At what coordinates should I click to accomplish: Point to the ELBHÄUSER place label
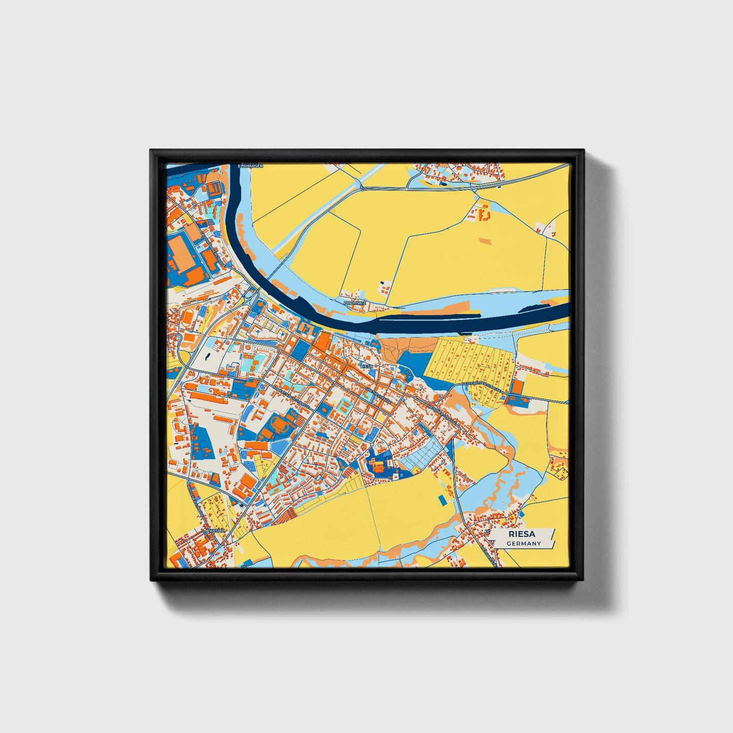(x=251, y=166)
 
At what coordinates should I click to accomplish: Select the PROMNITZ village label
(x=355, y=303)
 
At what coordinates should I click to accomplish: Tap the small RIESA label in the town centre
(x=366, y=366)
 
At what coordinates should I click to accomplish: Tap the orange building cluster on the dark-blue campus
(x=378, y=464)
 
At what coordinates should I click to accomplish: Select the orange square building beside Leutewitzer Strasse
(x=517, y=387)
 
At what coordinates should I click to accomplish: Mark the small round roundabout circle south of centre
(x=372, y=444)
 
